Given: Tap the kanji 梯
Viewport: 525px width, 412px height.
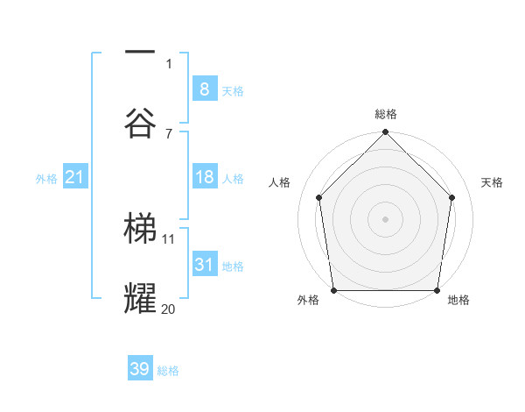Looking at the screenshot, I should click(140, 228).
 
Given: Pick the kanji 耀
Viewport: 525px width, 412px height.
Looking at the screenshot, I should click(140, 299).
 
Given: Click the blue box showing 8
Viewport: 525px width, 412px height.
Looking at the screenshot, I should click(204, 89).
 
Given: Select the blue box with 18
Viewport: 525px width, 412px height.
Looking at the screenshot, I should click(204, 177).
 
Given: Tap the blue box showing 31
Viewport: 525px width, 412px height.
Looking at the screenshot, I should click(204, 265).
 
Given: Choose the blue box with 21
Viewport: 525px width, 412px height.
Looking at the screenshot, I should click(74, 177).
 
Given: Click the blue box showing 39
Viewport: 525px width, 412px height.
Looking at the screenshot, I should click(140, 369).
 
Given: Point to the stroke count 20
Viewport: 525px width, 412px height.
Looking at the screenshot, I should click(168, 309).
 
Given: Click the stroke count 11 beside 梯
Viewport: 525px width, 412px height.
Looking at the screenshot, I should click(168, 238).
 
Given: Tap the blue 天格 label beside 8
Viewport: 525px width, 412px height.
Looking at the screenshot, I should click(233, 90).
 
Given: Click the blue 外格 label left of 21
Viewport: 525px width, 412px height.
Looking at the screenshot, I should click(46, 179).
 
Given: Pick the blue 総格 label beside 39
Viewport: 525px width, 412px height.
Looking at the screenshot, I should click(168, 371).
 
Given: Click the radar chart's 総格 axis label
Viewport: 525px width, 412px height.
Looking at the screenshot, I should click(385, 114).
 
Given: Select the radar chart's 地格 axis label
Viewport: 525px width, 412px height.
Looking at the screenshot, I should click(458, 300).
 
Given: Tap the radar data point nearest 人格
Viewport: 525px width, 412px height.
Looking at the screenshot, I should click(318, 197).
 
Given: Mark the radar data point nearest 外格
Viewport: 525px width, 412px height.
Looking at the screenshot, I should click(333, 290).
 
